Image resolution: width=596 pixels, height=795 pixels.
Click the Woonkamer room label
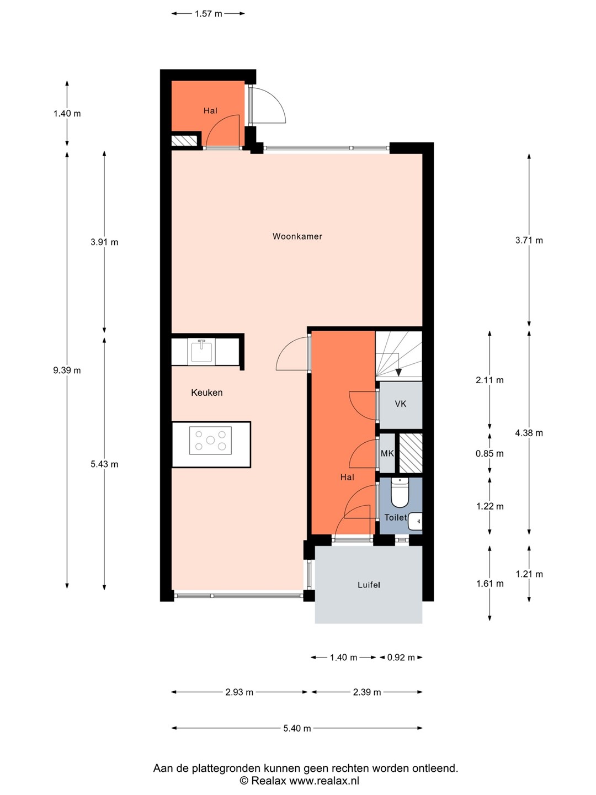(x=297, y=236)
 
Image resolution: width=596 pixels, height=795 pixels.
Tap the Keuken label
(x=206, y=393)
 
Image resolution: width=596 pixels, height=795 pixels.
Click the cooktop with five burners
(x=210, y=440)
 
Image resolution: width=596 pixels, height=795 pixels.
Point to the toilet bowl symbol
(x=400, y=492)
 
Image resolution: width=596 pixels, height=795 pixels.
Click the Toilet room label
(x=396, y=517)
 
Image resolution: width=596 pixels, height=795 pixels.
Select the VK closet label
(x=401, y=404)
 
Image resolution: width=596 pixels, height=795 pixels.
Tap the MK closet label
(x=387, y=453)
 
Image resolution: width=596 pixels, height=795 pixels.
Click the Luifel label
(x=369, y=585)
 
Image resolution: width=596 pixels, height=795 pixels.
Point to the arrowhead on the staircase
(x=398, y=372)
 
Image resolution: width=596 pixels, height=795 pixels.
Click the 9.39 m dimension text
(x=67, y=370)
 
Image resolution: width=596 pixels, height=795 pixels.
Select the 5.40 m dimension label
(x=297, y=728)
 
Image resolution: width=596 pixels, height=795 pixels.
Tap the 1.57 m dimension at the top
(x=209, y=14)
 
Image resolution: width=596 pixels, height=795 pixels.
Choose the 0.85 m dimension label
(x=489, y=453)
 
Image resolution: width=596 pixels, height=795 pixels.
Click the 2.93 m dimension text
(x=239, y=692)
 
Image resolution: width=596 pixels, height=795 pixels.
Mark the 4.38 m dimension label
(x=529, y=433)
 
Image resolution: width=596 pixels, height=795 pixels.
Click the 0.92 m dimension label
(x=401, y=658)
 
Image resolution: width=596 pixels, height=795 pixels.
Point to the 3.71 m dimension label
(x=529, y=240)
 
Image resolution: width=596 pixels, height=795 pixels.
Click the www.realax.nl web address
(x=324, y=781)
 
